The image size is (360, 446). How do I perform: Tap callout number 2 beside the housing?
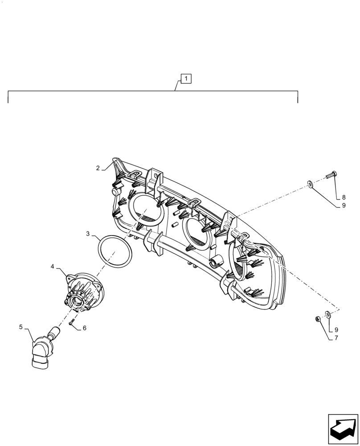point(98,168)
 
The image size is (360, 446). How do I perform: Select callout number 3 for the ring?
point(88,233)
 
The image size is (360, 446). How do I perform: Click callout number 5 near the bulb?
point(20,327)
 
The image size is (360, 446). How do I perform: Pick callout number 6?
point(85,328)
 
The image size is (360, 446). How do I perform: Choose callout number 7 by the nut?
point(336,338)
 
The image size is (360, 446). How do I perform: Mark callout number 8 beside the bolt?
point(344,197)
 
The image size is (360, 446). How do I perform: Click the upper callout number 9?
point(344,206)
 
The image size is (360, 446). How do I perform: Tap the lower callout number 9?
point(336,330)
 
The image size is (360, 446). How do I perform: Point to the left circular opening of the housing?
point(146,211)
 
